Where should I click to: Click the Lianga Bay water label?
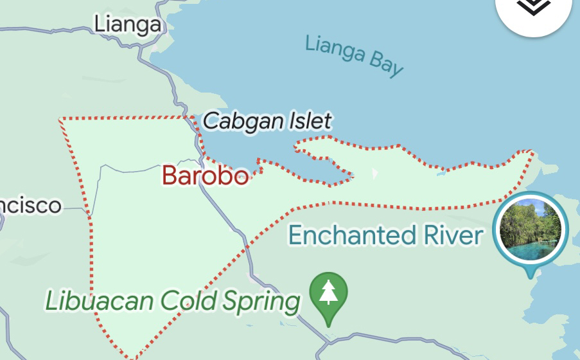pos(354,55)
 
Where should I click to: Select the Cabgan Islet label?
pos(267,120)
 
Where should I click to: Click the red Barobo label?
pos(205,175)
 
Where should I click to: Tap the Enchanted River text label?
pos(385,235)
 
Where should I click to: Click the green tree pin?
pos(328,293)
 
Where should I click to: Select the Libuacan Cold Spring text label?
pos(173,300)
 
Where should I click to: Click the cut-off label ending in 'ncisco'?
pos(30,206)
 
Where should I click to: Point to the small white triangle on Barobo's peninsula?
pos(375,174)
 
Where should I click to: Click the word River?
pos(453,235)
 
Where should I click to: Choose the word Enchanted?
pos(352,235)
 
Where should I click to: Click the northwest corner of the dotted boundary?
pos(60,119)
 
